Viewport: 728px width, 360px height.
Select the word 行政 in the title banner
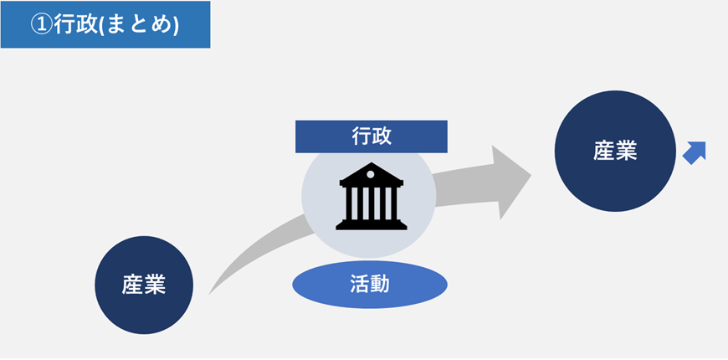tap(74, 25)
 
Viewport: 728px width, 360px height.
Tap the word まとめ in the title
tap(143, 25)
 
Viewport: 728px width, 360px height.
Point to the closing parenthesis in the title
tap(176, 25)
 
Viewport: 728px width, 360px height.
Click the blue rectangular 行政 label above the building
tap(371, 136)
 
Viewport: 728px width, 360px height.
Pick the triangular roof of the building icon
tap(371, 172)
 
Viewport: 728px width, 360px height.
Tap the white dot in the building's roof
tap(371, 172)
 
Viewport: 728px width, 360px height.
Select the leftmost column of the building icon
tap(349, 203)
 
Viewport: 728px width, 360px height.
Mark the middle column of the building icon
tap(371, 203)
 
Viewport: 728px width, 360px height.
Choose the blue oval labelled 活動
tap(369, 285)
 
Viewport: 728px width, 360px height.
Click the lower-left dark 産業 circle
tap(144, 285)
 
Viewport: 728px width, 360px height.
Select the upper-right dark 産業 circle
tap(615, 151)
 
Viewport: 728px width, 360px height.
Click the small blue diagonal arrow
tap(695, 152)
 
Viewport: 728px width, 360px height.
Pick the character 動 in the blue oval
tap(381, 285)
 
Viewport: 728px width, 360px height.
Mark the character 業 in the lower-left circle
tap(155, 285)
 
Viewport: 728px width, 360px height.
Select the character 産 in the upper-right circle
tap(604, 151)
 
